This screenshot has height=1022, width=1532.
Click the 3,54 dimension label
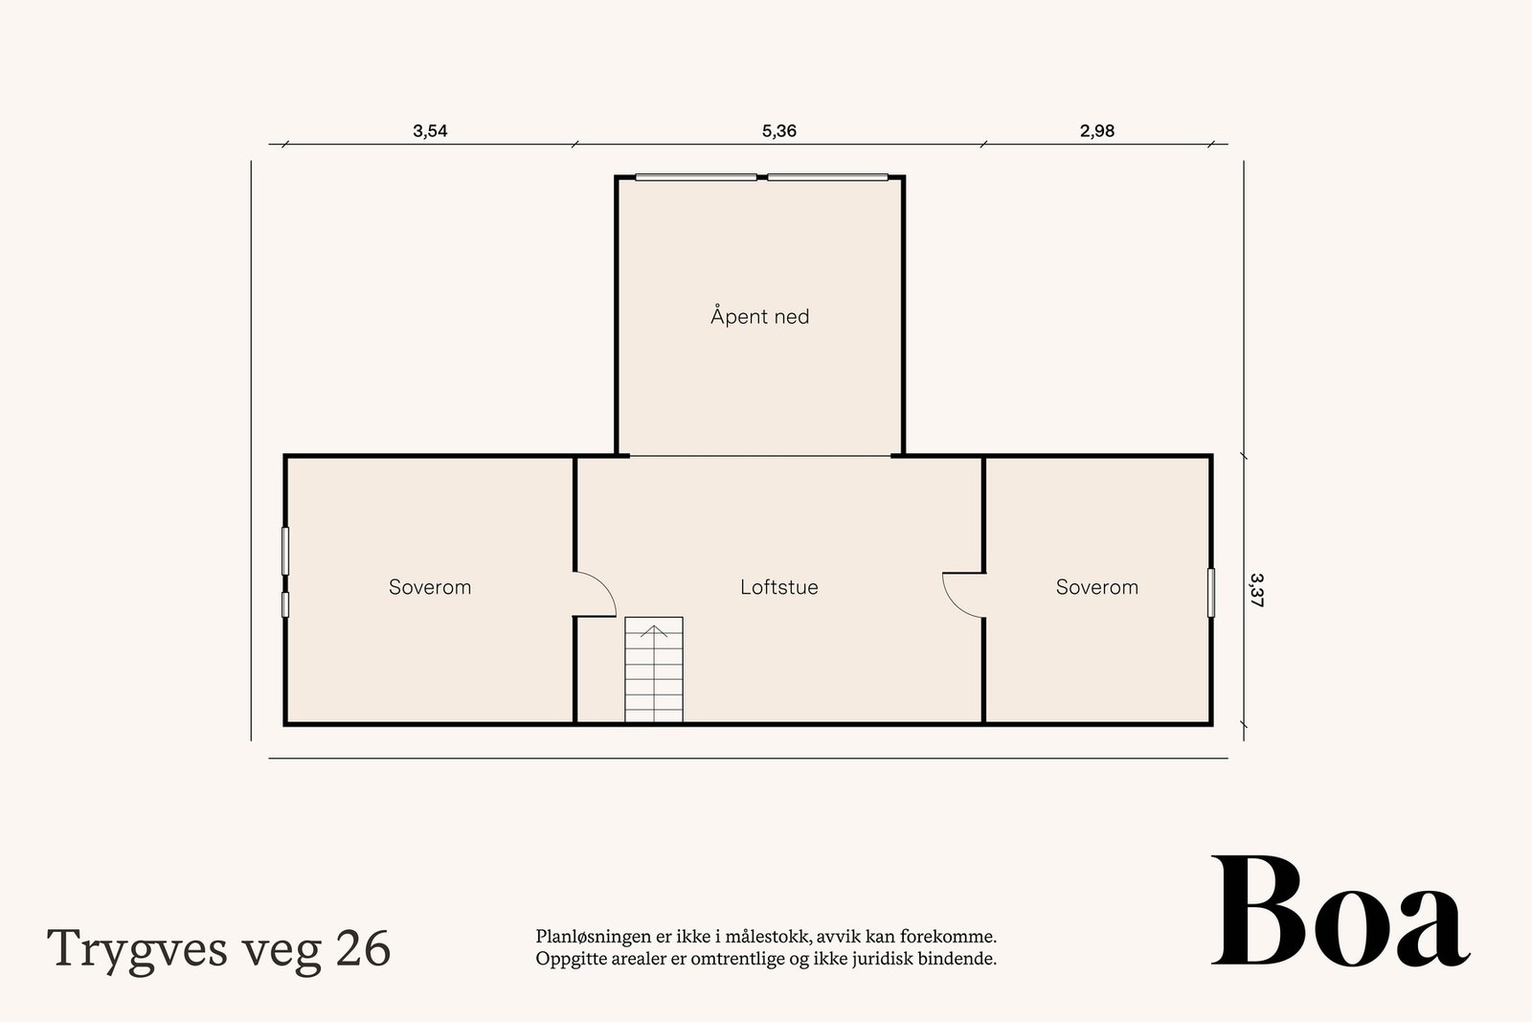(430, 131)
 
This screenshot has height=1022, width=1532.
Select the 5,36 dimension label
(778, 131)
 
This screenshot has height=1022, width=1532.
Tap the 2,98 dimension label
(1097, 131)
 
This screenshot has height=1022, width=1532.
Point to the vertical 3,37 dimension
(1256, 591)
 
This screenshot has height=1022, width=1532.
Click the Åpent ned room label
(759, 317)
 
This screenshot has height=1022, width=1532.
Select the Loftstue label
(778, 587)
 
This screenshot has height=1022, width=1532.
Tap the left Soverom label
(430, 587)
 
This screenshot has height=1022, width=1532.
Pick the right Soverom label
(1096, 587)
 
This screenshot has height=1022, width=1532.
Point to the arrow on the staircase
(654, 630)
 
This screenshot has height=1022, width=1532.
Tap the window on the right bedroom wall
(1210, 593)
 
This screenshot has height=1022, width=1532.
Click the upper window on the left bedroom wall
(285, 551)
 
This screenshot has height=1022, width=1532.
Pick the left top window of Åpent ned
(696, 177)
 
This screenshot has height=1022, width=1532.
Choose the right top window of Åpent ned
(827, 177)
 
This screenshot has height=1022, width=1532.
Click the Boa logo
(1340, 913)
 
